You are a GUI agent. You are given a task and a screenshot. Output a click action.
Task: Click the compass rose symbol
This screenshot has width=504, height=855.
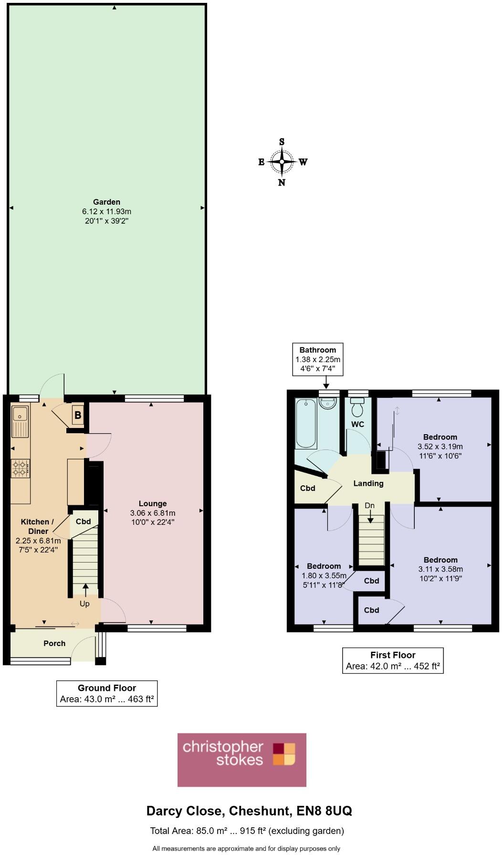coord(282,162)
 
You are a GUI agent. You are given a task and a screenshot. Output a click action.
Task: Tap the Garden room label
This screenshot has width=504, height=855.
coord(106,202)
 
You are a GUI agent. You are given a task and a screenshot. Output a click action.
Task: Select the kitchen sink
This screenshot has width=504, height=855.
coord(21,421)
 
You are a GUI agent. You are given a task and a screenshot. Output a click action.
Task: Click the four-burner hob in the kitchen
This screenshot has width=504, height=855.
coord(21,468)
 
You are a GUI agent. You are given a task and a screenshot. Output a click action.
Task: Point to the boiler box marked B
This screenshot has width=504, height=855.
coord(78,415)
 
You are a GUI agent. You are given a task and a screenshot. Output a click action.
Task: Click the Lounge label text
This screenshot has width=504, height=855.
coord(153,503)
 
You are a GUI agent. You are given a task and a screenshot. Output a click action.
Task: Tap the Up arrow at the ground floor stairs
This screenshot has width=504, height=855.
coord(85,591)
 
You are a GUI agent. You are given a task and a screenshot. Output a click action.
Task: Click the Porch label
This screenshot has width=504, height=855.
coord(54,643)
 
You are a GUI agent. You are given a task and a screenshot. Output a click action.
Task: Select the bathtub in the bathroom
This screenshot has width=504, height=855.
coord(306,424)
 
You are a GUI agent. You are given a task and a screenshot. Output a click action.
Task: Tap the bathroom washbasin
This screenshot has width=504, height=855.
coord(328,404)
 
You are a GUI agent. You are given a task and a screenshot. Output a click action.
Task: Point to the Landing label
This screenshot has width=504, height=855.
coord(368,483)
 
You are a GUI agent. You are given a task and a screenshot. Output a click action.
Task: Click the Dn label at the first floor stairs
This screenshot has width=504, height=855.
coord(370,505)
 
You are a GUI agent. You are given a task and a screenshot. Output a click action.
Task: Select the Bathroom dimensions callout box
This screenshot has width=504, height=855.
coord(318,359)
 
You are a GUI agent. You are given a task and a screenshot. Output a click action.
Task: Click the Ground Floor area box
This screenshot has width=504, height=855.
coord(107,694)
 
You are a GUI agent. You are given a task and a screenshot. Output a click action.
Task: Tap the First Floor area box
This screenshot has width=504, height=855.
coord(393,661)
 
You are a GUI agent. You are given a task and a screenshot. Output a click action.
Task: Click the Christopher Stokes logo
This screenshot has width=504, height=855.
coord(242,760)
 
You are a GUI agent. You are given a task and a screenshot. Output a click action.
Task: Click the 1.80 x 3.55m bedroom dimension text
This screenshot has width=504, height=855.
coord(324,575)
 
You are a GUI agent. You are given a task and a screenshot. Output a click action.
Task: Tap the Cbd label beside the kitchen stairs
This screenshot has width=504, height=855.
coord(84,521)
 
